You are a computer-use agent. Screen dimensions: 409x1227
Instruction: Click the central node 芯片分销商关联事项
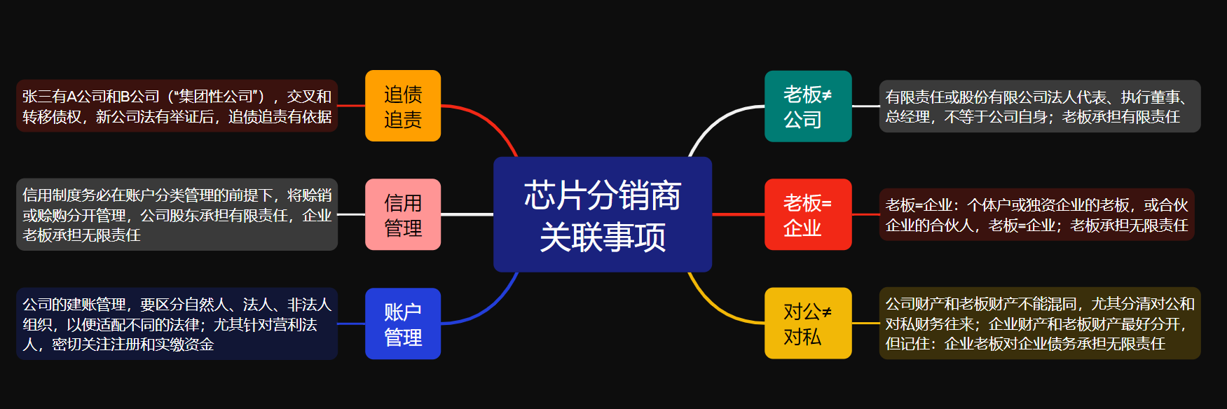point(603,214)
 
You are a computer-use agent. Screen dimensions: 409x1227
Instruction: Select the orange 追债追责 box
point(403,106)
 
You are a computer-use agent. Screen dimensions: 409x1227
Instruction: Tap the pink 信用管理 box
point(403,214)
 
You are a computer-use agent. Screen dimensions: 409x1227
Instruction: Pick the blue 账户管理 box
point(403,324)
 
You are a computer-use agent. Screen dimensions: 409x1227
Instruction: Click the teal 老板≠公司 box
point(808,106)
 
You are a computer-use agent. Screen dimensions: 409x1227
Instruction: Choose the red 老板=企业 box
point(808,214)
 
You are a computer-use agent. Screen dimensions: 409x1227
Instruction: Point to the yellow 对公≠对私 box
point(808,323)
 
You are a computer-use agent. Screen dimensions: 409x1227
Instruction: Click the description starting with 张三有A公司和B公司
point(177,106)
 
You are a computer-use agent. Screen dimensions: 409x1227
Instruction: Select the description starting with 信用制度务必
point(177,214)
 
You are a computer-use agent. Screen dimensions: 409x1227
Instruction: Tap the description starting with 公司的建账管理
point(177,324)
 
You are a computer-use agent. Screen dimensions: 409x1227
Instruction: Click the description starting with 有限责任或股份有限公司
point(1040,106)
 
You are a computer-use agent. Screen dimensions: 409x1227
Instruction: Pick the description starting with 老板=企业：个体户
point(1036,214)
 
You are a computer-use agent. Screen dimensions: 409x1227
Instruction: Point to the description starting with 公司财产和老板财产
point(1040,323)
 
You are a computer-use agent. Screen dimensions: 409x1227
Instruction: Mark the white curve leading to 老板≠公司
point(715,120)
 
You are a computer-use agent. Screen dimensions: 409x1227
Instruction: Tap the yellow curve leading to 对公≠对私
point(715,309)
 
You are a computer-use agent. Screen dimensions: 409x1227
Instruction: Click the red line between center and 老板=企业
point(738,214)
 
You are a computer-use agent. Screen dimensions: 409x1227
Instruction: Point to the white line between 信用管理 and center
point(467,214)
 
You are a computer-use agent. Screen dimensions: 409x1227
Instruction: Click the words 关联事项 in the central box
point(603,237)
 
